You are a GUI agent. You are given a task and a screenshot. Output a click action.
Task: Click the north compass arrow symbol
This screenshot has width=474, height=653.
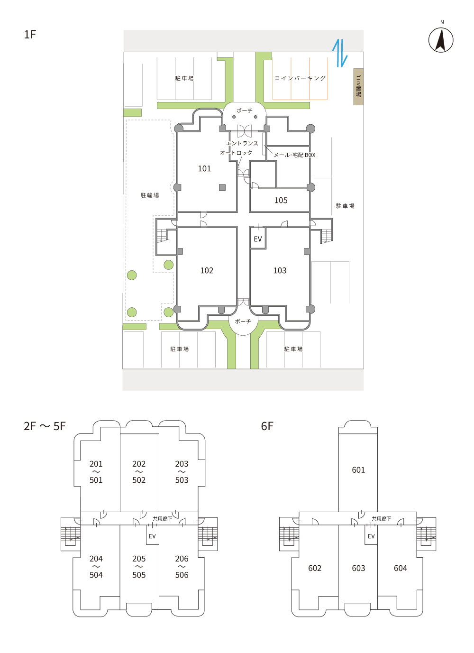coord(441,40)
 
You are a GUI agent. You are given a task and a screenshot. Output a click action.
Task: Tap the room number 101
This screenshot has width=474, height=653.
coord(204,168)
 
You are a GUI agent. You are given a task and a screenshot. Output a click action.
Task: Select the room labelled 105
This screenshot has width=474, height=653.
coord(281,200)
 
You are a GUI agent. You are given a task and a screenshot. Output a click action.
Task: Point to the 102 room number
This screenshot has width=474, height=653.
coord(207,270)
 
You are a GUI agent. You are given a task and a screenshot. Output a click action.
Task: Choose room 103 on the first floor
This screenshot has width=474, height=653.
coord(280,270)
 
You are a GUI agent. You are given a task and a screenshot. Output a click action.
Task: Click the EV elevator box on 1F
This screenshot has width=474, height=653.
coord(258,238)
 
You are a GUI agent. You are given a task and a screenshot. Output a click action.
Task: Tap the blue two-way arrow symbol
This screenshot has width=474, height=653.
coord(340,53)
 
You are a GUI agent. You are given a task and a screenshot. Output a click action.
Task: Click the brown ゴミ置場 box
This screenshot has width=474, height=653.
coord(358,87)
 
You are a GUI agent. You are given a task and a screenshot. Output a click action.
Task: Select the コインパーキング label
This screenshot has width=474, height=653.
coord(300,78)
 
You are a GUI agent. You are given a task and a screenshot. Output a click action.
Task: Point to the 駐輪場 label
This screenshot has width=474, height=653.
coord(150,195)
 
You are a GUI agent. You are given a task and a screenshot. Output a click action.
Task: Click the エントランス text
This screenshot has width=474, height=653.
coord(242,143)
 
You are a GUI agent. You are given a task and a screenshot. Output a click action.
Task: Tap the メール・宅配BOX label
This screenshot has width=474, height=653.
coord(294,155)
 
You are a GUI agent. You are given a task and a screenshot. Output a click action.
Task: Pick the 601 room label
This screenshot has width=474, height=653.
coord(358,469)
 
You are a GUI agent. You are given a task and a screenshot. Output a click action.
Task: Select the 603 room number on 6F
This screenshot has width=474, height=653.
coord(358,568)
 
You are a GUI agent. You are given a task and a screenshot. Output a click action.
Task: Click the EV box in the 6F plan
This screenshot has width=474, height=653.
coord(371,535)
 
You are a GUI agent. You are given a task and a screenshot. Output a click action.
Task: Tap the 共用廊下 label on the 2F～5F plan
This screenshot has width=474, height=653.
coord(163,519)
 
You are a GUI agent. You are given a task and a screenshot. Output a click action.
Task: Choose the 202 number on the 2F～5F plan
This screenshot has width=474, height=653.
coord(139,463)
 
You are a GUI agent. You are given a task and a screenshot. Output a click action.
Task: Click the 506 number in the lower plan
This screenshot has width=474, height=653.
coord(182,575)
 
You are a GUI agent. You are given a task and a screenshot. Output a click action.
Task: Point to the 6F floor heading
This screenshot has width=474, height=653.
coord(267,426)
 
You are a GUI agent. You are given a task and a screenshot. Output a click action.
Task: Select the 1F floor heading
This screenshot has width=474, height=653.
coord(30,35)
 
